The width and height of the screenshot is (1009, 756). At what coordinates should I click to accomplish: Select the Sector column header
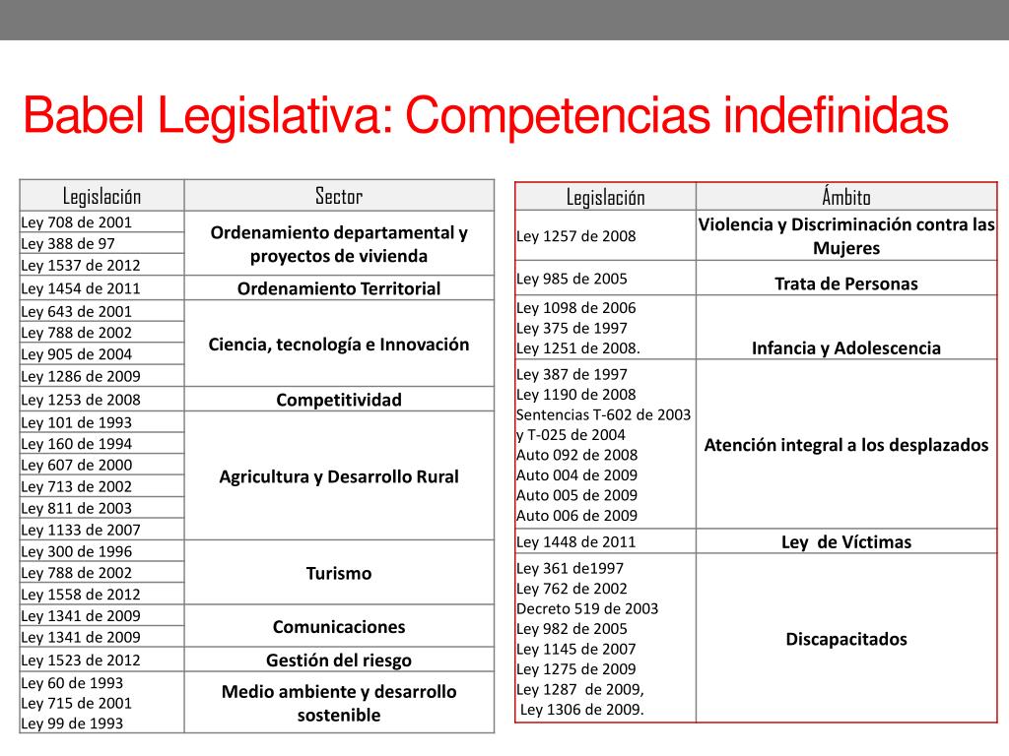pos(339,196)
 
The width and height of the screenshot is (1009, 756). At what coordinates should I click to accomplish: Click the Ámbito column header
pos(846,197)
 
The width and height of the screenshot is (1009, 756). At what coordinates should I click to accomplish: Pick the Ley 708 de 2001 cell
pos(77,222)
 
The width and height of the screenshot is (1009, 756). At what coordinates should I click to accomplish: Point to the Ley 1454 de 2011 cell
pos(81,288)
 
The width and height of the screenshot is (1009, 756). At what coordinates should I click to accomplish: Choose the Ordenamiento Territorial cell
pos(339,288)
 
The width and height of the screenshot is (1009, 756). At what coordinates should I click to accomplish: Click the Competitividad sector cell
pos(339,400)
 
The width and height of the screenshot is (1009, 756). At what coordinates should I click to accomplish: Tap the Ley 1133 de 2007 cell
pos(81,530)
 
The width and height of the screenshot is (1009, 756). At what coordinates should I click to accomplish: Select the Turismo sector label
pos(339,573)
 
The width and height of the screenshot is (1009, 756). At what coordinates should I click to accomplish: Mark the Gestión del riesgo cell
pos(339,661)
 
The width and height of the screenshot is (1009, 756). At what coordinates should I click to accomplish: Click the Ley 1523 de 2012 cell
pos(81,661)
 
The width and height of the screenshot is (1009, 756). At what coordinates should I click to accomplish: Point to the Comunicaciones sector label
pos(339,627)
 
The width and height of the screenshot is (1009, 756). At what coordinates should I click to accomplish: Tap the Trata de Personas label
pos(846,284)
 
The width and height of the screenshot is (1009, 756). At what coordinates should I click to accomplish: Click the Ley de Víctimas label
pos(846,542)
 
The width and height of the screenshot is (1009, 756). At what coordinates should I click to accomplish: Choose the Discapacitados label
pos(846,639)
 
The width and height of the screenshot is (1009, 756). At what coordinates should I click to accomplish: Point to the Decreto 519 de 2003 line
pos(587,608)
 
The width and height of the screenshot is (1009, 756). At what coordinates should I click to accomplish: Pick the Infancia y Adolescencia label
pos(846,348)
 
